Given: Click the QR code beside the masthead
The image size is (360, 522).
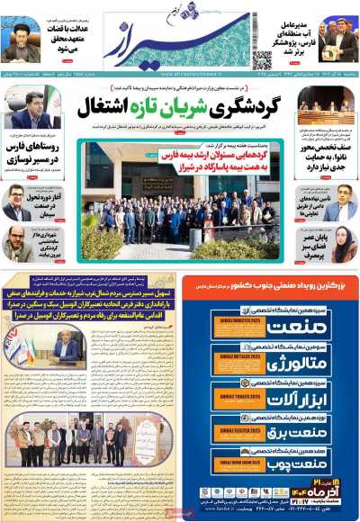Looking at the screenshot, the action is tap(262, 58).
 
